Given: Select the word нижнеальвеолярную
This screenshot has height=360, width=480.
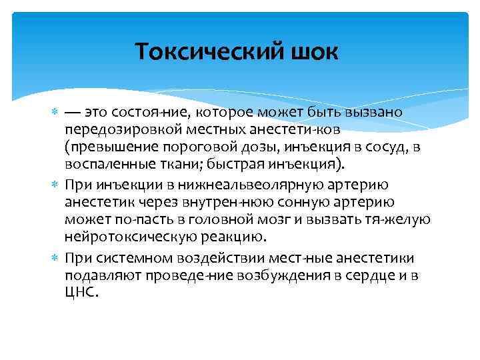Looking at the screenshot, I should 241,184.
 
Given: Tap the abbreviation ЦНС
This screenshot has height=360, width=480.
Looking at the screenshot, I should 81,293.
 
